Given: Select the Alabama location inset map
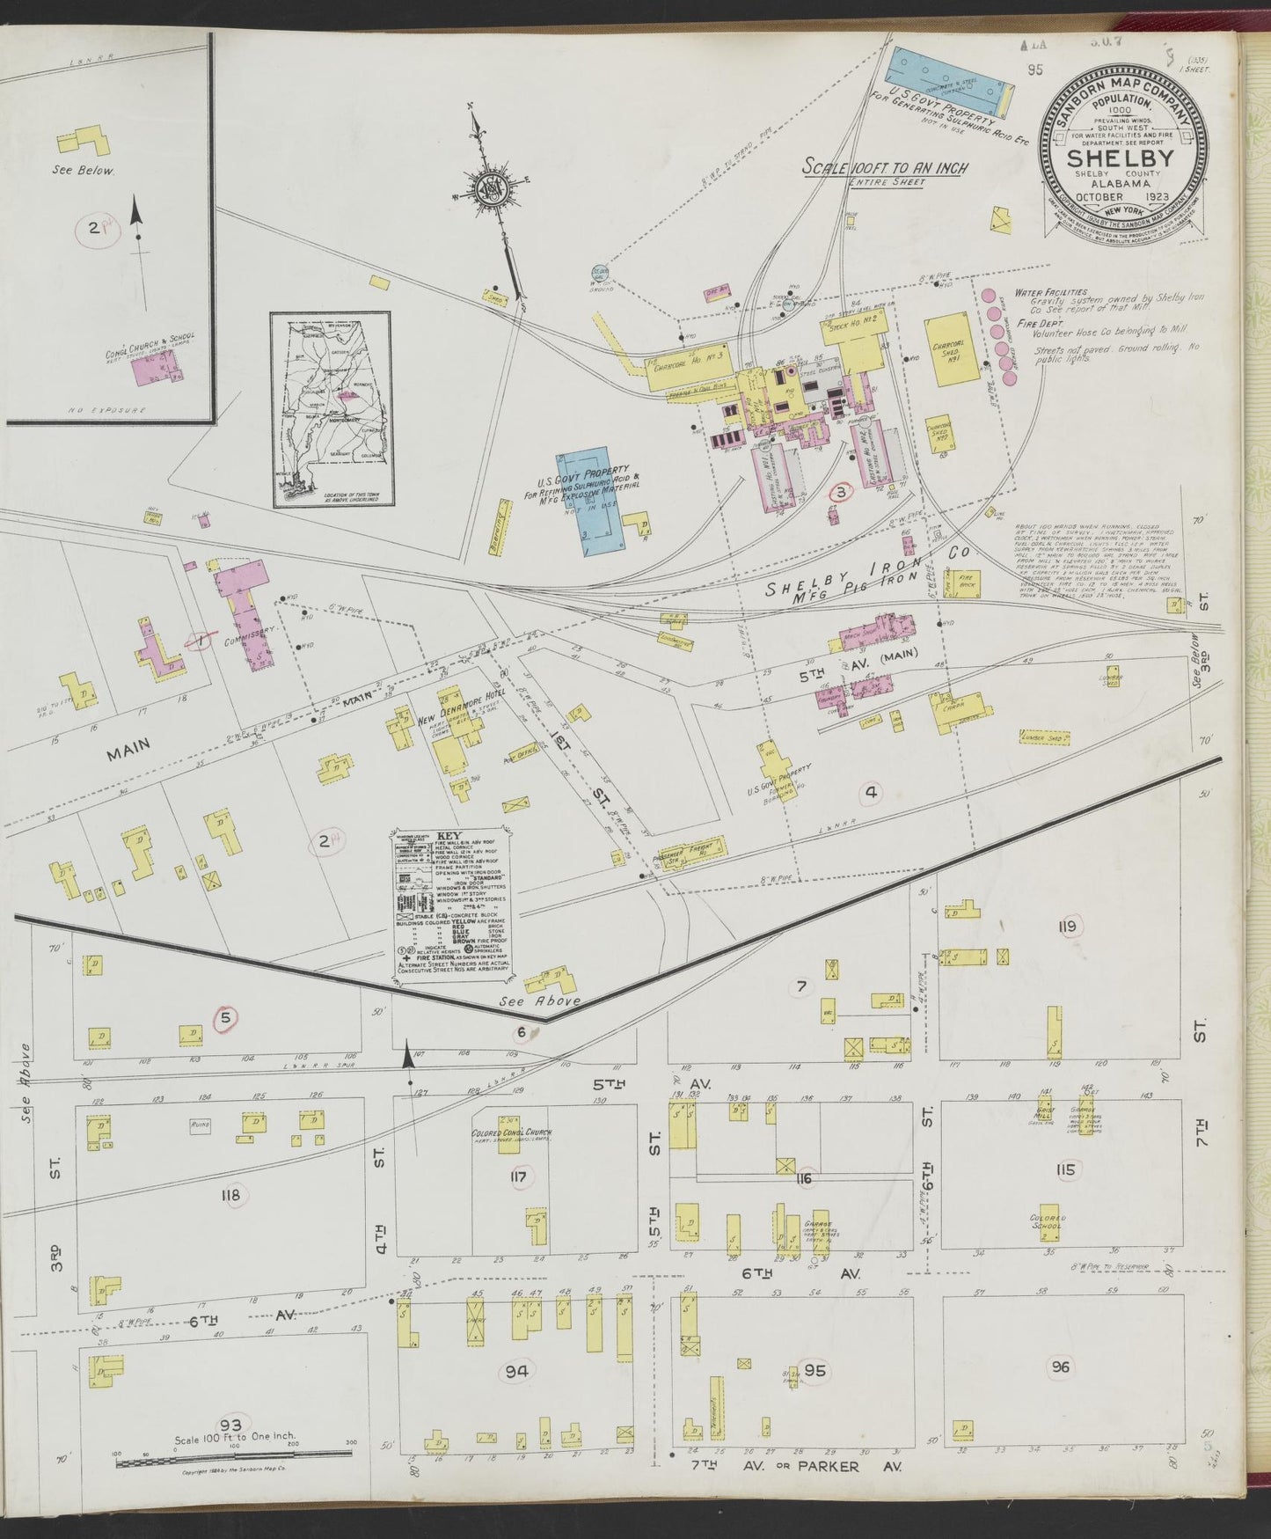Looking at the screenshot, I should [331, 410].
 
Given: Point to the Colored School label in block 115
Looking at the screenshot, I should [1048, 1221].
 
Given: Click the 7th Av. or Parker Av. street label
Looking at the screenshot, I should [796, 1468].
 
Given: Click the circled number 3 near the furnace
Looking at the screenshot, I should [840, 493].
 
